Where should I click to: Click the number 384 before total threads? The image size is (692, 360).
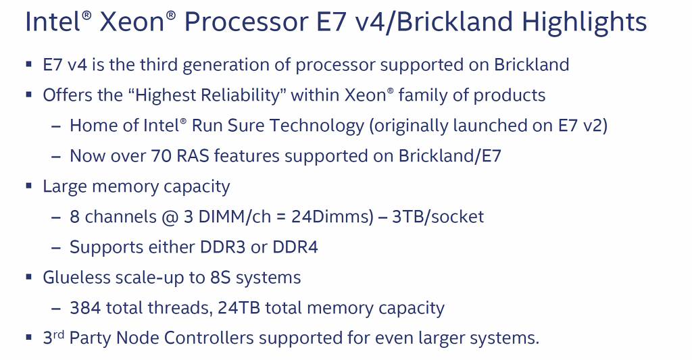tap(85, 308)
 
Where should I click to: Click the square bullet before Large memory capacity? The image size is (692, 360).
tap(28, 186)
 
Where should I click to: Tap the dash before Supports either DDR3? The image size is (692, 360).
tap(57, 248)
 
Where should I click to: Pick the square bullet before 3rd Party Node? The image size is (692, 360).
tap(28, 336)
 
